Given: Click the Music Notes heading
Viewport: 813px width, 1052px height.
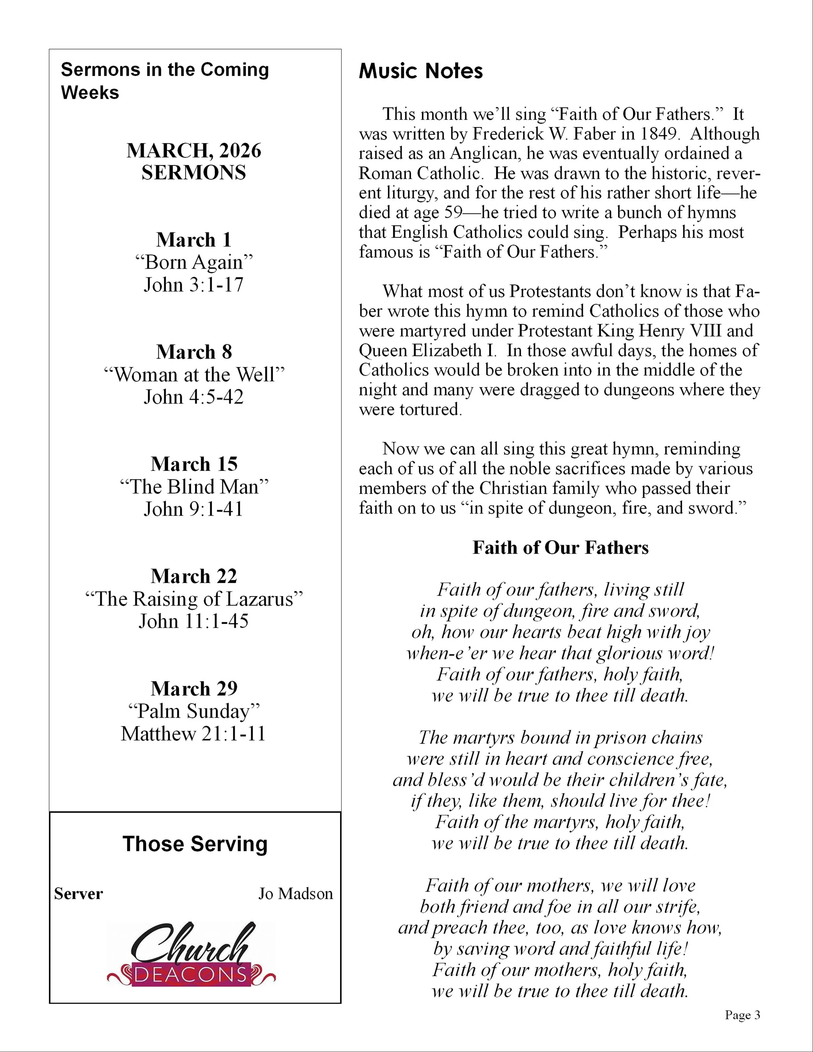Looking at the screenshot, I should click(x=420, y=71).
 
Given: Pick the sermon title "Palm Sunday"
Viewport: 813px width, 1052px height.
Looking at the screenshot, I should click(x=193, y=711).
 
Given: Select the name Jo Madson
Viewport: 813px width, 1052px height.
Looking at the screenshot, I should click(x=295, y=894).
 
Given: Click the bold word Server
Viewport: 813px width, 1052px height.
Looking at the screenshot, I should click(x=78, y=894).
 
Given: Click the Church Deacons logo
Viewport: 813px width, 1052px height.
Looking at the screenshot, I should click(x=191, y=954).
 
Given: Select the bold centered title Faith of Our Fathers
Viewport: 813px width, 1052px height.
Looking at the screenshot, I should click(x=560, y=548).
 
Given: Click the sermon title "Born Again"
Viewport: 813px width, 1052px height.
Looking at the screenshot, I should click(x=193, y=262).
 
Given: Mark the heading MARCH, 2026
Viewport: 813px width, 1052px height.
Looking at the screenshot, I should click(x=193, y=151).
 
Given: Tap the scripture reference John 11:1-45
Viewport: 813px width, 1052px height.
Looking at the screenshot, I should click(x=193, y=621).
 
